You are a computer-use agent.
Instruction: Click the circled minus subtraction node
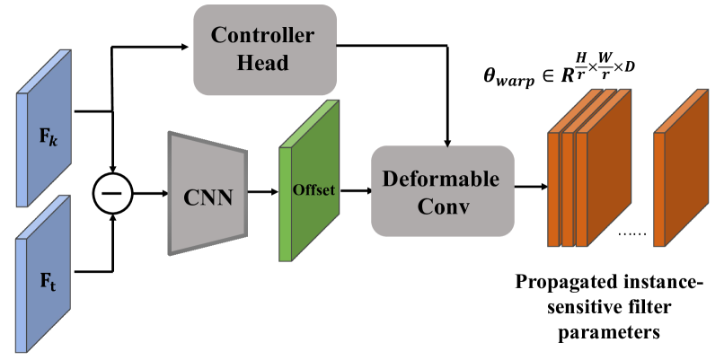pyautogui.click(x=112, y=192)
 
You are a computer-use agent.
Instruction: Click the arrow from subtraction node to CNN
pyautogui.click(x=148, y=192)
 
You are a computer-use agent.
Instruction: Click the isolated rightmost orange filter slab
pyautogui.click(x=682, y=184)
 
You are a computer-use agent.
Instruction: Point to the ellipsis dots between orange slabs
pyautogui.click(x=632, y=235)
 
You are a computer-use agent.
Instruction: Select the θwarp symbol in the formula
pyautogui.click(x=514, y=77)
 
